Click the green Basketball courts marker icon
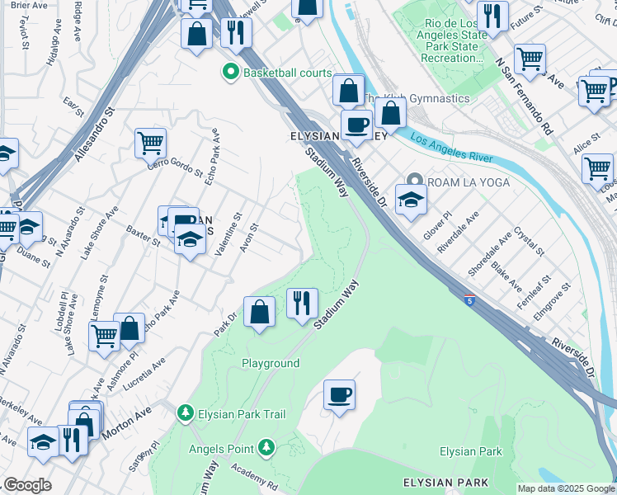coord(233,73)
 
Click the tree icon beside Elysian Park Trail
coord(185,412)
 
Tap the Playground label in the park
coord(271,363)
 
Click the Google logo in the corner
coord(27,485)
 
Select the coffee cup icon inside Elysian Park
coord(339,394)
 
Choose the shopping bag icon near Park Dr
coord(260,312)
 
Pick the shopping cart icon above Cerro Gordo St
coord(150,143)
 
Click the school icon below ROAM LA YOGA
coord(410,199)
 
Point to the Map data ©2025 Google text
coord(565,488)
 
